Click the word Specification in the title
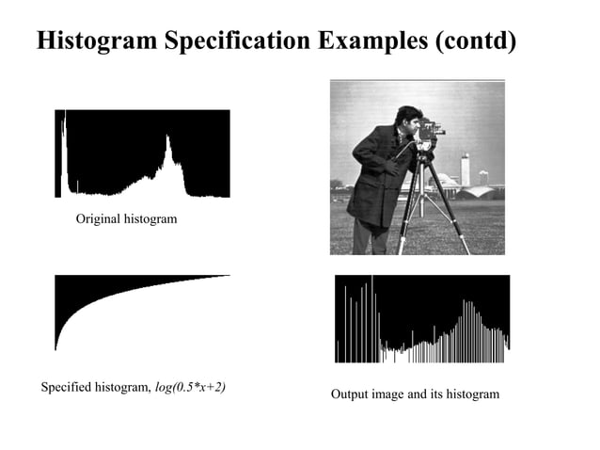pos(236,41)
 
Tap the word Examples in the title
pos(372,41)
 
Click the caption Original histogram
pos(126,218)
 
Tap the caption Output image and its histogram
pos(415,394)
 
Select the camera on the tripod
pos(429,132)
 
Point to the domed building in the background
pos(480,189)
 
